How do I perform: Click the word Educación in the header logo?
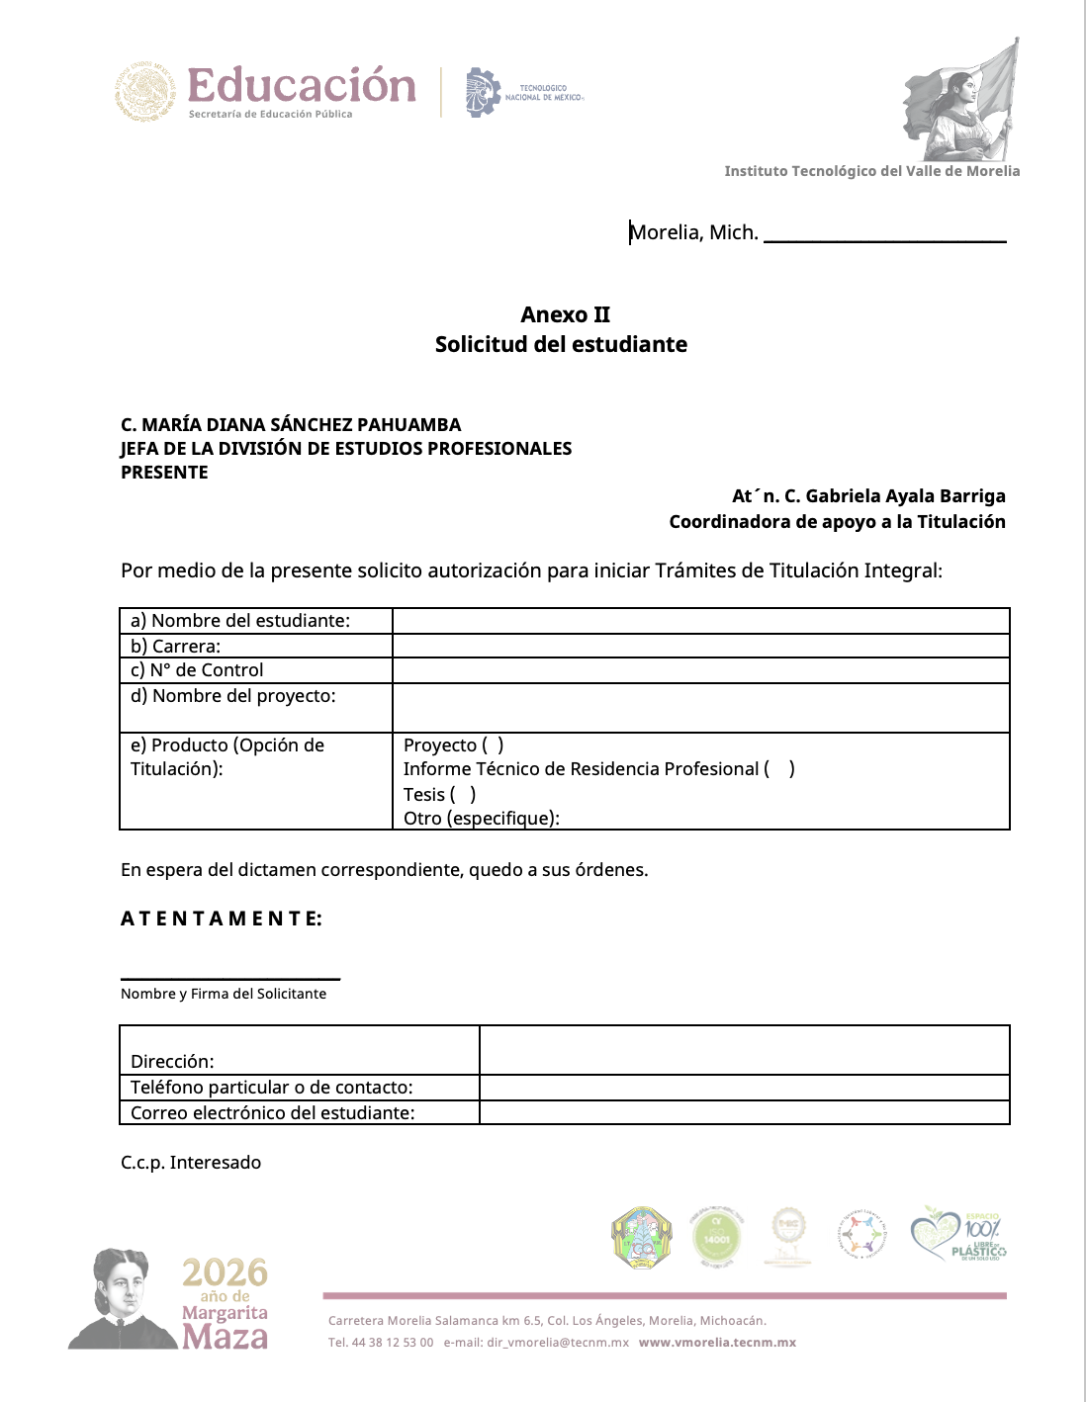pyautogui.click(x=302, y=86)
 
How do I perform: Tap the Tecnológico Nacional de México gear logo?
pyautogui.click(x=483, y=93)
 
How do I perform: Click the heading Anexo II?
pyautogui.click(x=565, y=314)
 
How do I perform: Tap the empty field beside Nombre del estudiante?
pyautogui.click(x=700, y=621)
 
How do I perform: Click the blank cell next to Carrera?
pyautogui.click(x=700, y=646)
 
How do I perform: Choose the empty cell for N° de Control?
pyautogui.click(x=700, y=670)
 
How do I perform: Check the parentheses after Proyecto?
pyautogui.click(x=493, y=745)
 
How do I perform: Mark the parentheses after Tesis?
pyautogui.click(x=463, y=795)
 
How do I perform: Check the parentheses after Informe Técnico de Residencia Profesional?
pyautogui.click(x=779, y=769)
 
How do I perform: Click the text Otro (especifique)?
pyautogui.click(x=482, y=818)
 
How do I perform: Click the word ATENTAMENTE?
pyautogui.click(x=221, y=919)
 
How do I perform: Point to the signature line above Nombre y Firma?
pyautogui.click(x=230, y=978)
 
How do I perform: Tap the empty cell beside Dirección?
pyautogui.click(x=744, y=1050)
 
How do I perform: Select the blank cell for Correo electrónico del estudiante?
pyautogui.click(x=744, y=1113)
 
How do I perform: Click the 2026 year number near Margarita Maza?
pyautogui.click(x=225, y=1272)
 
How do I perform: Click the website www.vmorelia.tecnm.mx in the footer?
pyautogui.click(x=717, y=1343)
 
